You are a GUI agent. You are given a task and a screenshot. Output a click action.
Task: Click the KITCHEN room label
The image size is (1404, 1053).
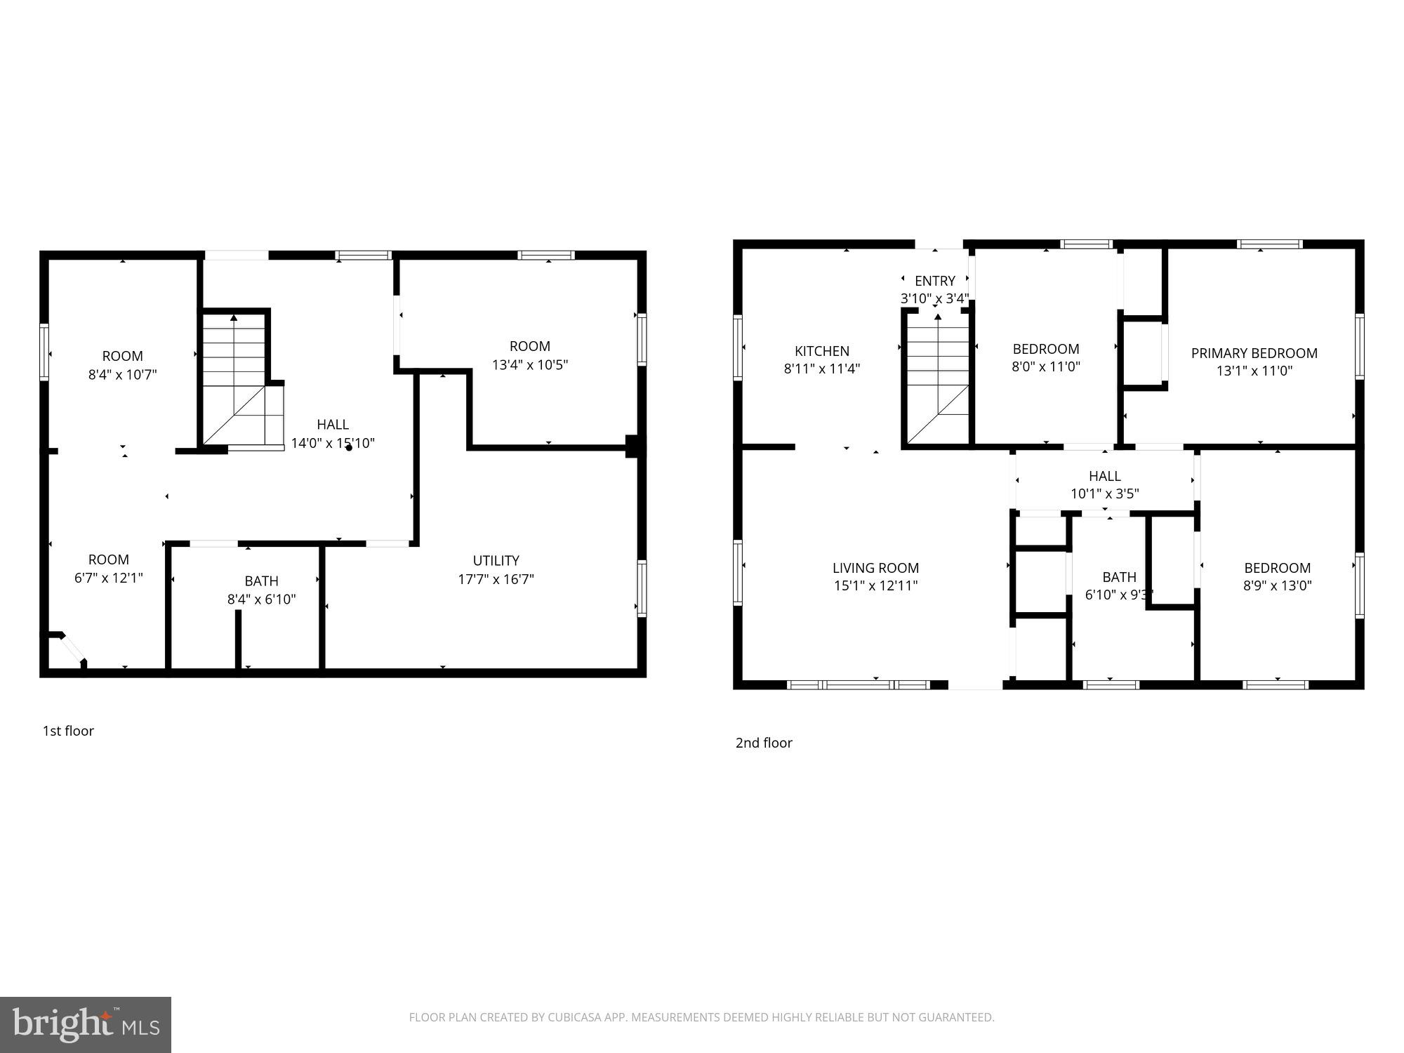821,351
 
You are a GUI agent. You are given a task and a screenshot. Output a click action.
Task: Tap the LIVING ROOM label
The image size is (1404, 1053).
875,568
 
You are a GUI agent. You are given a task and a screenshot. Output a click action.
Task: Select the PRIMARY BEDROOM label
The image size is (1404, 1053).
1254,353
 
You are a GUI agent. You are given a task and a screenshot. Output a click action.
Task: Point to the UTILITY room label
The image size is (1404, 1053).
496,560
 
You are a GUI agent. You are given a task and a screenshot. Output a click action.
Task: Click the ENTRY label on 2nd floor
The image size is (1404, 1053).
934,281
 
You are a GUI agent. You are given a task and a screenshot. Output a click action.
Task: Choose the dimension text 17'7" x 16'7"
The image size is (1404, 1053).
496,579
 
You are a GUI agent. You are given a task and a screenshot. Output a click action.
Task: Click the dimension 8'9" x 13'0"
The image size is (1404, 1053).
1277,585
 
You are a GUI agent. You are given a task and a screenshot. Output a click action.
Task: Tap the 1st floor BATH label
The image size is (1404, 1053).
261,581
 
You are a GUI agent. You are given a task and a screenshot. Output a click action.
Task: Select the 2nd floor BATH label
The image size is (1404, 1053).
1119,577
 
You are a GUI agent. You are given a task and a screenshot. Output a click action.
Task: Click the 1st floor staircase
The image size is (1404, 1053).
235,379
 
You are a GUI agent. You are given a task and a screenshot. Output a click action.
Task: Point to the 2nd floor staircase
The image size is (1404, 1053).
938,379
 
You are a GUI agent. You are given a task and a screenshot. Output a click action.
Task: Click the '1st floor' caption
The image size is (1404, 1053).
68,731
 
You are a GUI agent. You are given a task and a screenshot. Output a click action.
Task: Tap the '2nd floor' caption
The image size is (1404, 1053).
764,743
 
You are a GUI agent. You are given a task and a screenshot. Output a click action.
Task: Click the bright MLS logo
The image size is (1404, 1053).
86,1025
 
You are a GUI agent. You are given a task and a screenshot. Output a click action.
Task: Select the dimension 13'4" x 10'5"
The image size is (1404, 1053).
529,365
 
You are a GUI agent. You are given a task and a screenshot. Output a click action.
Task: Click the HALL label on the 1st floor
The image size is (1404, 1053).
332,424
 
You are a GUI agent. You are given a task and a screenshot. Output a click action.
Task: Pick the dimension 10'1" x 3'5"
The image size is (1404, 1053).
1104,494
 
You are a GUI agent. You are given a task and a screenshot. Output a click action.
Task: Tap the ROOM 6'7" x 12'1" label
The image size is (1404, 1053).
108,559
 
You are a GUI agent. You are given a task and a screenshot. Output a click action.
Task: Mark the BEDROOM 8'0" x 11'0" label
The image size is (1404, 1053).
1045,349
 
